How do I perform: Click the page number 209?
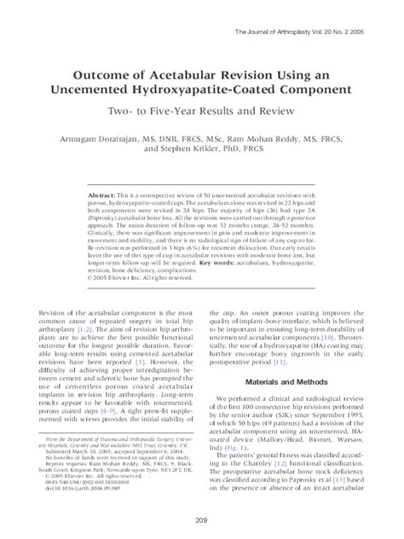202,520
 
